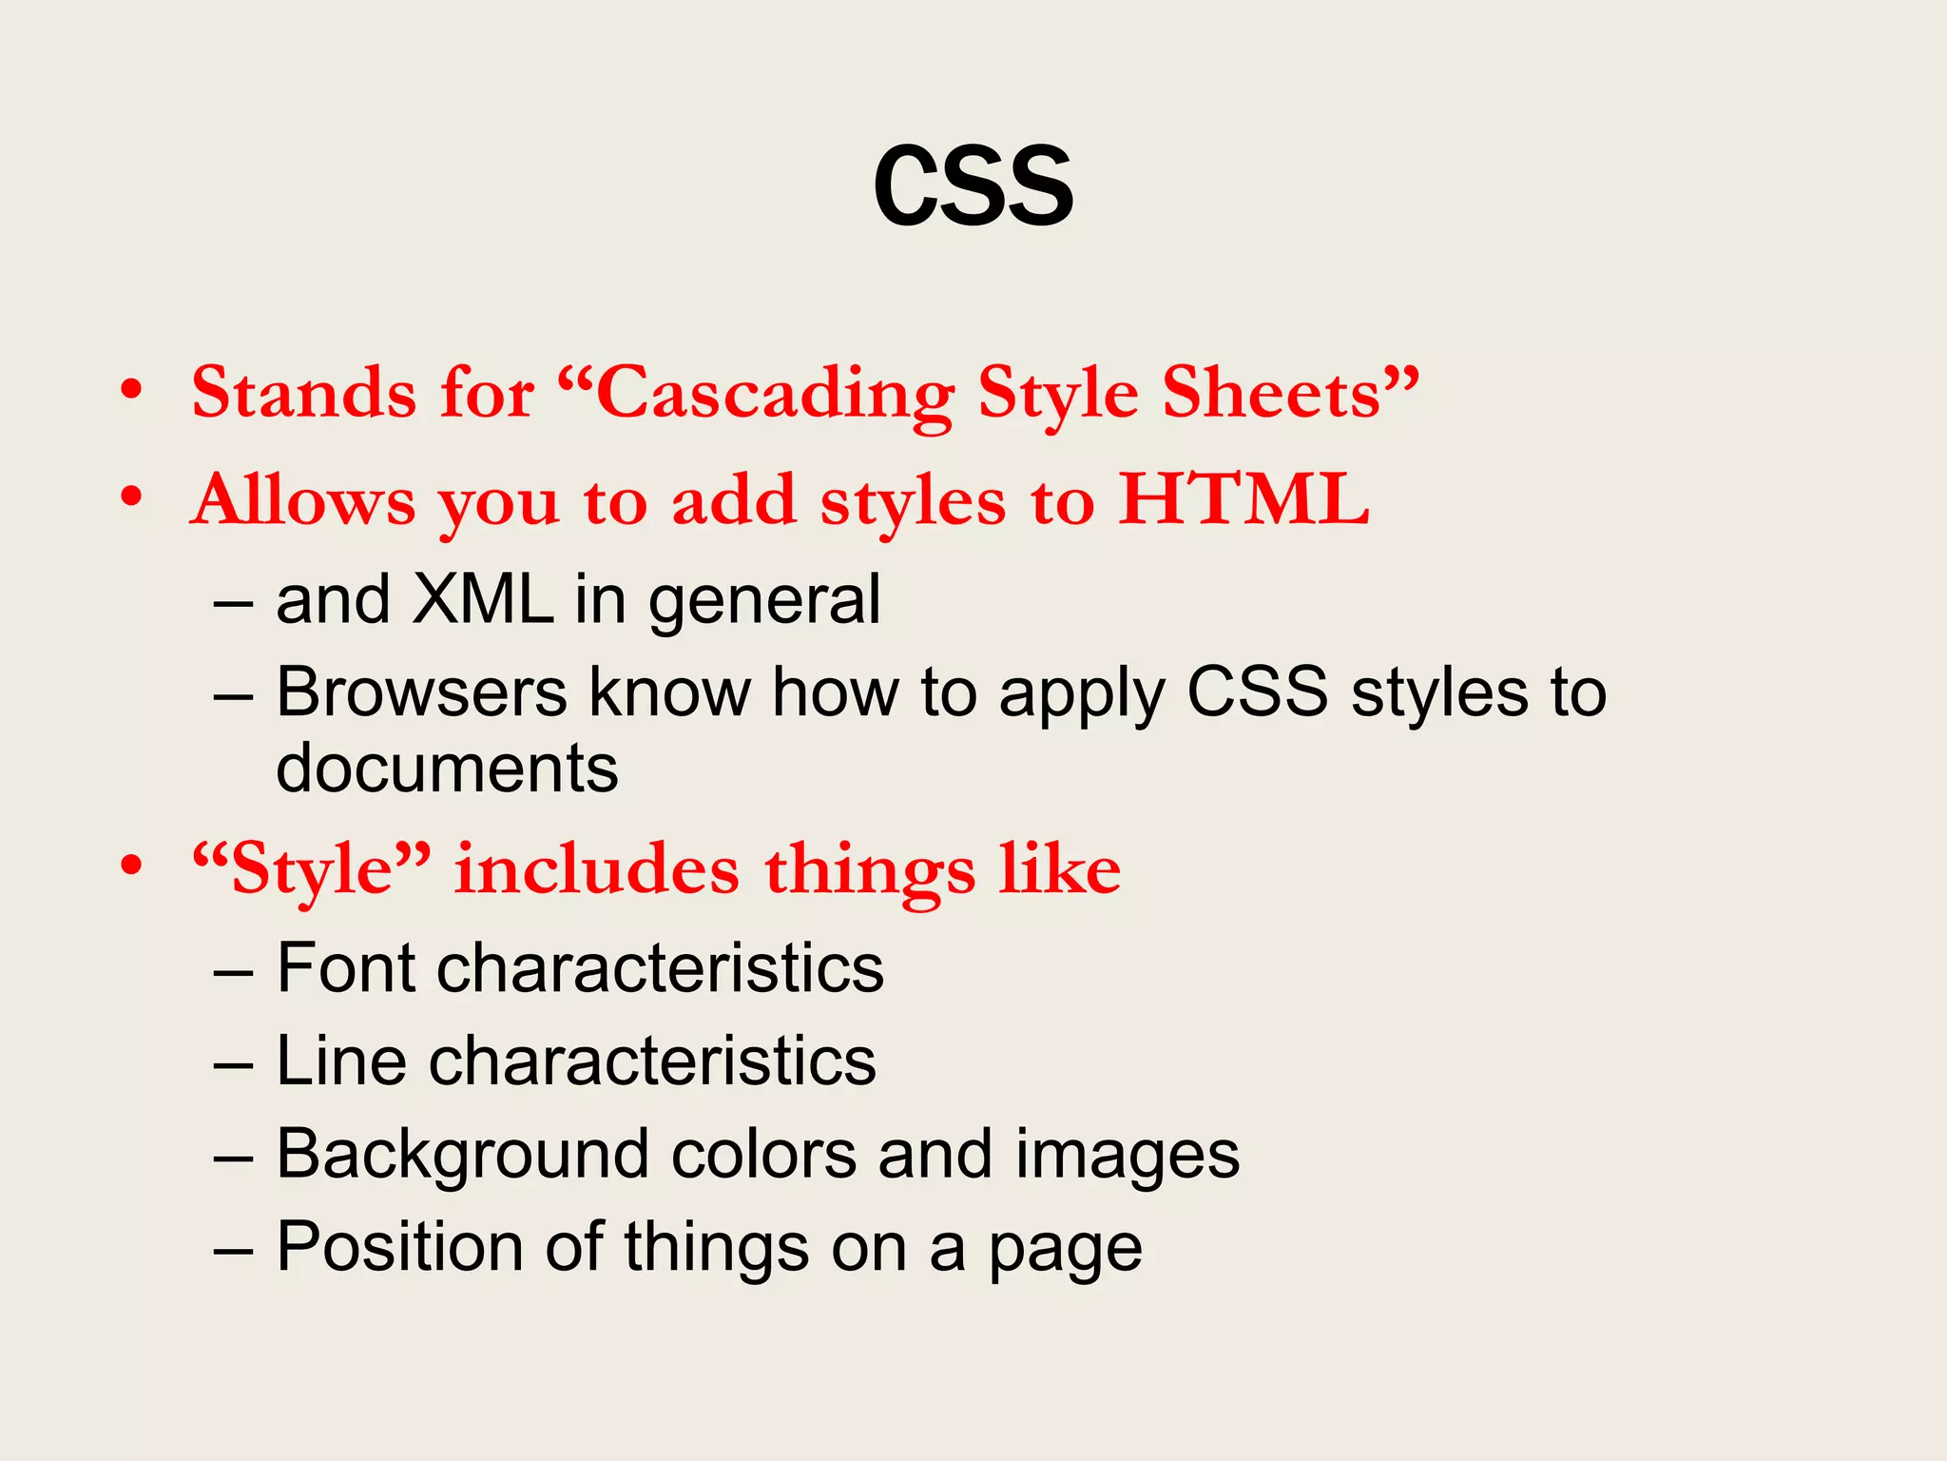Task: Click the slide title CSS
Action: coord(973,186)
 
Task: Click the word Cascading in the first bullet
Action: coord(774,394)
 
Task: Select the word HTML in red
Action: coord(1243,499)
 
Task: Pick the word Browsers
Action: coord(421,692)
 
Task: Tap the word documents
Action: coord(447,769)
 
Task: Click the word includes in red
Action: coord(596,869)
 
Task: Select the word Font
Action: coord(346,968)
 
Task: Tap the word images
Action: coord(1127,1155)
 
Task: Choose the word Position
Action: coord(399,1247)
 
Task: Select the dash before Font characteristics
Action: coord(233,972)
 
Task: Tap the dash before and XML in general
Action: coord(233,604)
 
